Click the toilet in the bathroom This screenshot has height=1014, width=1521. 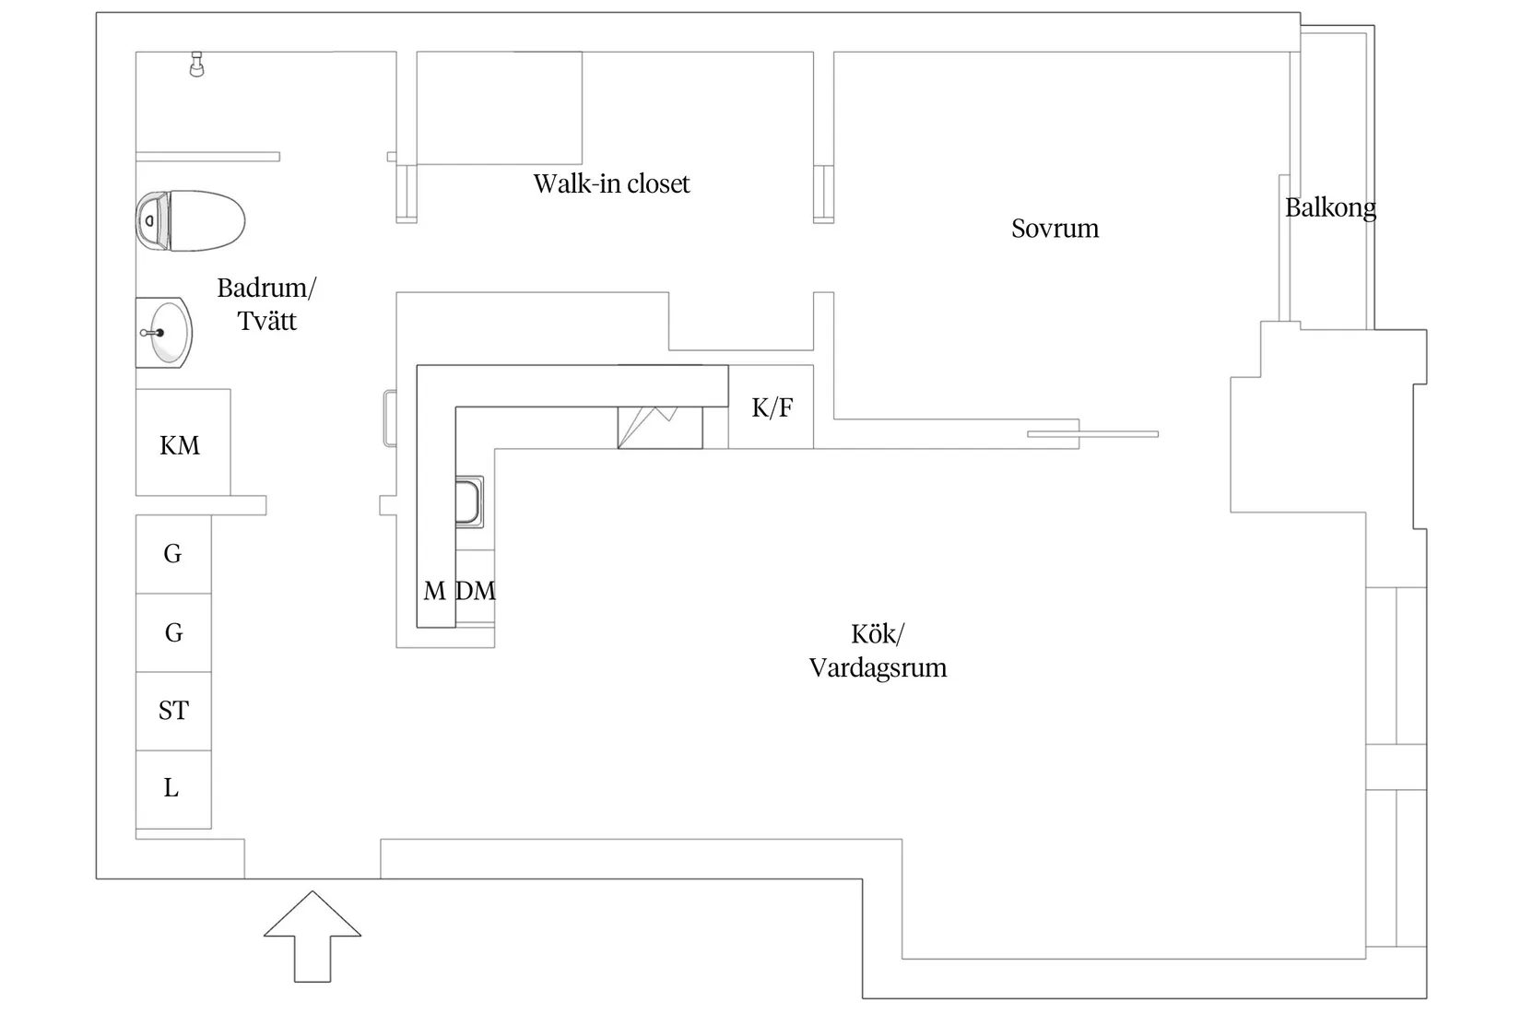point(190,220)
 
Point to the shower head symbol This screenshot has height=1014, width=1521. point(197,64)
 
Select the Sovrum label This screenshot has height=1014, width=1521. point(1055,229)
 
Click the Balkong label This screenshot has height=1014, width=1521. point(1330,207)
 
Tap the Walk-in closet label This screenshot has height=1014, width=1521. point(611,183)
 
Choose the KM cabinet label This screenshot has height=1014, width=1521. point(180,445)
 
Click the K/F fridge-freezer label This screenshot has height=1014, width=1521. point(772,407)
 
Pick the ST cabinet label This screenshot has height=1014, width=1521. point(173,711)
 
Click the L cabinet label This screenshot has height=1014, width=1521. point(171,788)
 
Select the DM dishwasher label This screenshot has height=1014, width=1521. point(476,591)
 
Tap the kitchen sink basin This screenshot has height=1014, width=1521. point(468,501)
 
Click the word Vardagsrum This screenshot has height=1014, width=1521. point(878,668)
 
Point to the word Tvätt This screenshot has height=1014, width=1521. point(266,321)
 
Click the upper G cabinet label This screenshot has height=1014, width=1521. point(172,553)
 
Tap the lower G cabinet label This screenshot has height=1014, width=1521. point(174,632)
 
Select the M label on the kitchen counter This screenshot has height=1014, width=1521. point(434,591)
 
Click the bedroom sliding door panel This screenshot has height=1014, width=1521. point(1092,434)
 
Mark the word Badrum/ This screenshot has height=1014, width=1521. point(266,288)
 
